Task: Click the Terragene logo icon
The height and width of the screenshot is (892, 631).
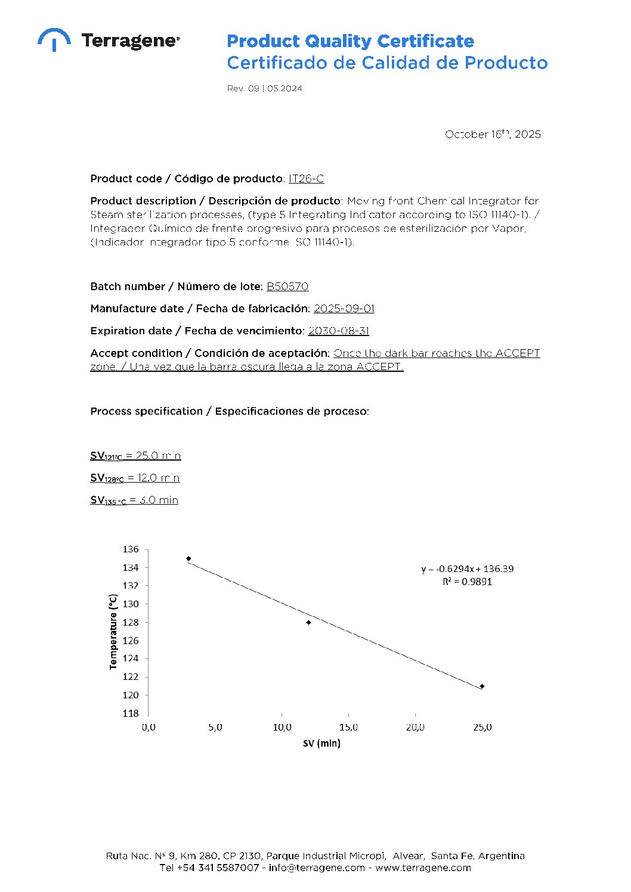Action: [54, 39]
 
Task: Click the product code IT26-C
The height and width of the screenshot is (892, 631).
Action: [306, 179]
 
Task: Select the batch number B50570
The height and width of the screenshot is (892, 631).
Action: [287, 287]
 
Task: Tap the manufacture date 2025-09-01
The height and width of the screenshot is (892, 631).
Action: [344, 309]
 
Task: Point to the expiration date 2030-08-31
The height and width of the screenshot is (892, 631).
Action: [339, 331]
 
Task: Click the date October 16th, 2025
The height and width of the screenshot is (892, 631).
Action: [493, 134]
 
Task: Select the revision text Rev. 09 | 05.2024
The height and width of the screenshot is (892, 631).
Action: [264, 89]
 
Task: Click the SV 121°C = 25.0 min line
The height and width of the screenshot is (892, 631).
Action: [135, 456]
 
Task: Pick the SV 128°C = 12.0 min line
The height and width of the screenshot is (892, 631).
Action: [135, 478]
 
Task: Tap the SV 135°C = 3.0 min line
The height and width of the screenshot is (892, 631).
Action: [134, 501]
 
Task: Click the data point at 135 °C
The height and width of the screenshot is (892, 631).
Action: [188, 559]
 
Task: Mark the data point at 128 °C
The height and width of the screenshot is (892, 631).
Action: [308, 623]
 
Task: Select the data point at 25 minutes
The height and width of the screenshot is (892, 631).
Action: [482, 686]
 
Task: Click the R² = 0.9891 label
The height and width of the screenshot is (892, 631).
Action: [467, 582]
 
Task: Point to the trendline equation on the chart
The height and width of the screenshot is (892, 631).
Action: [467, 569]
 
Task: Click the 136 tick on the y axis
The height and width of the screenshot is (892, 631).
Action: [131, 549]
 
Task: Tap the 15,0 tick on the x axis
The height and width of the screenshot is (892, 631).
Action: [348, 728]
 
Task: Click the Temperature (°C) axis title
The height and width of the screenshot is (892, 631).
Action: [113, 632]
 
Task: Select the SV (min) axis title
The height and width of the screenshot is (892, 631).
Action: [321, 743]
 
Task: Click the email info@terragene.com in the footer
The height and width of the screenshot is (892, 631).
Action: [317, 868]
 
